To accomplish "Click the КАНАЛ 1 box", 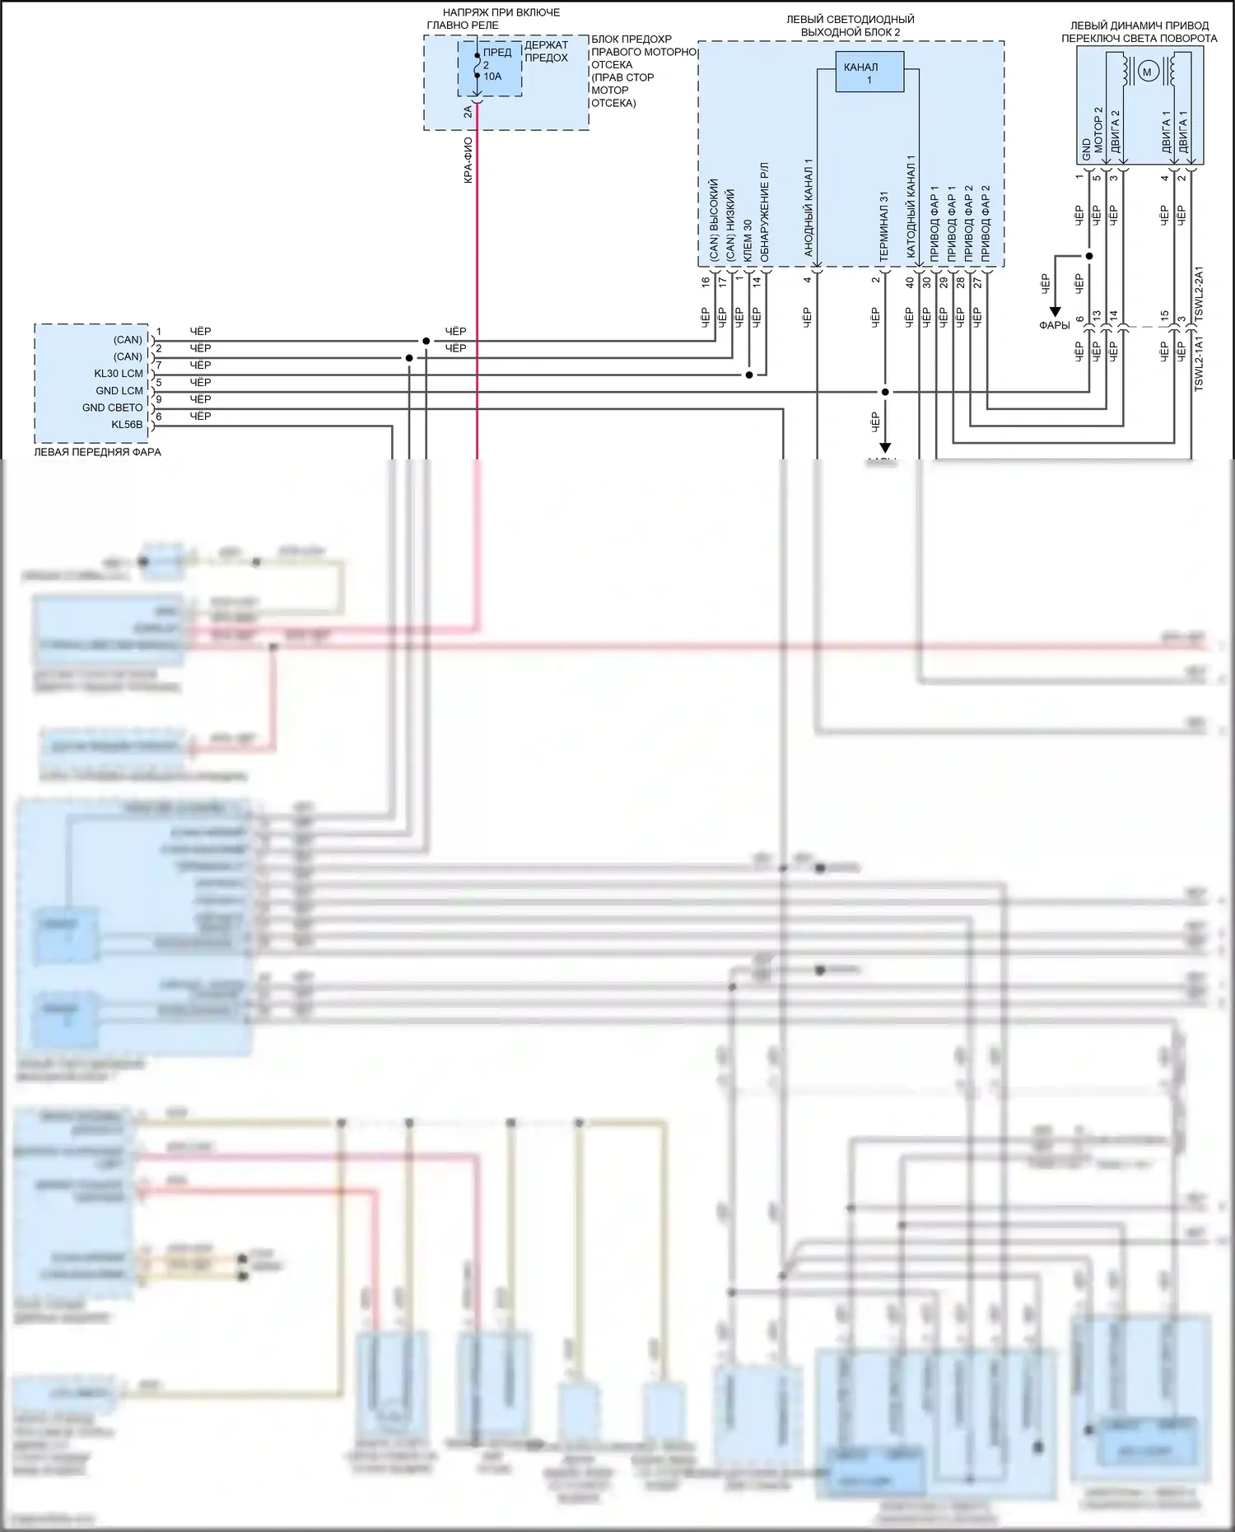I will (x=869, y=73).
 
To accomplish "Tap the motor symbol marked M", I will (x=1147, y=72).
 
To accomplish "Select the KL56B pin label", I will (x=127, y=425).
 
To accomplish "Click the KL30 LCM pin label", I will (x=119, y=374).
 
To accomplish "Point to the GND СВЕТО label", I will (x=113, y=407).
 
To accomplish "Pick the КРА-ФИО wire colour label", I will (x=468, y=160).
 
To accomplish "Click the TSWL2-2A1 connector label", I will (x=1199, y=293).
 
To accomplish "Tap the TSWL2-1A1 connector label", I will (x=1199, y=363).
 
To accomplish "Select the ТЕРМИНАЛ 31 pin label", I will (x=884, y=227).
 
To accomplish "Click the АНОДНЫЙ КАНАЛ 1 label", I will (x=809, y=207).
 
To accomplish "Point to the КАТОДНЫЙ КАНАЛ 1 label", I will (x=911, y=209).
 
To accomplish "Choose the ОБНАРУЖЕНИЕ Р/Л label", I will (x=765, y=212).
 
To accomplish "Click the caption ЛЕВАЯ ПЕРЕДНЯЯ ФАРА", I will (x=97, y=452).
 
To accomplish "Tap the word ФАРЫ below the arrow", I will (x=1055, y=325).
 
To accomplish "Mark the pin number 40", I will (x=910, y=282).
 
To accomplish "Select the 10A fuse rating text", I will (x=492, y=77).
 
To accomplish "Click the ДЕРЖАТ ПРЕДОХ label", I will (x=546, y=52).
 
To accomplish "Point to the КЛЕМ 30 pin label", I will (x=748, y=241).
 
